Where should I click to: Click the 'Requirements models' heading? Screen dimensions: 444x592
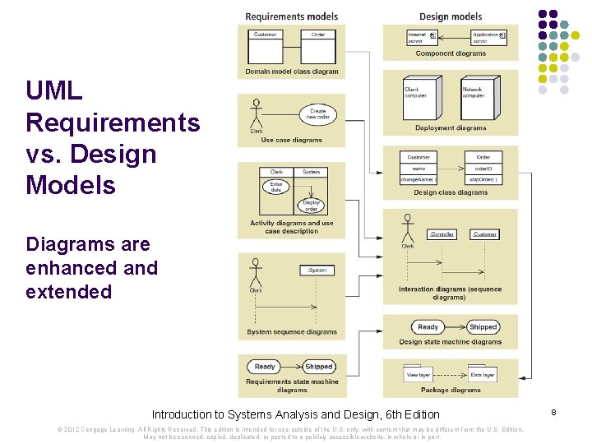pyautogui.click(x=291, y=16)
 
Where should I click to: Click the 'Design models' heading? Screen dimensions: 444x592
pyautogui.click(x=451, y=16)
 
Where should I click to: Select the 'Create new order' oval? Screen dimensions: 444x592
pyautogui.click(x=317, y=114)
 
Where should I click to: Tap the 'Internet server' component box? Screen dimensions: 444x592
pyautogui.click(x=421, y=37)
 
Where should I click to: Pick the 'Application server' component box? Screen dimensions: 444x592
pyautogui.click(x=488, y=37)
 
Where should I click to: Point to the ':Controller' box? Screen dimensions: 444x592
pyautogui.click(x=442, y=234)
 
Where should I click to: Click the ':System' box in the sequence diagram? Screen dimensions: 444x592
pyautogui.click(x=317, y=270)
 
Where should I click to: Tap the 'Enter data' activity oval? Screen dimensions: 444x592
pyautogui.click(x=276, y=187)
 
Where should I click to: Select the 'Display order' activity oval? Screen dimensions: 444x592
pyautogui.click(x=311, y=206)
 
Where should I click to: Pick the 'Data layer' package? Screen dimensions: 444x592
pyautogui.click(x=483, y=374)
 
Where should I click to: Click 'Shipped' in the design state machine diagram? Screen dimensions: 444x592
pyautogui.click(x=483, y=327)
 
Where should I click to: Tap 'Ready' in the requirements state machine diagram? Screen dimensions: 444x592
pyautogui.click(x=265, y=367)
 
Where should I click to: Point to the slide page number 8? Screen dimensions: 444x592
pyautogui.click(x=554, y=410)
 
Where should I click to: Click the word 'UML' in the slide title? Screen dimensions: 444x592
pyautogui.click(x=54, y=91)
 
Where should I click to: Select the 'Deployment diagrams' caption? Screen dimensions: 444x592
pyautogui.click(x=451, y=128)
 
